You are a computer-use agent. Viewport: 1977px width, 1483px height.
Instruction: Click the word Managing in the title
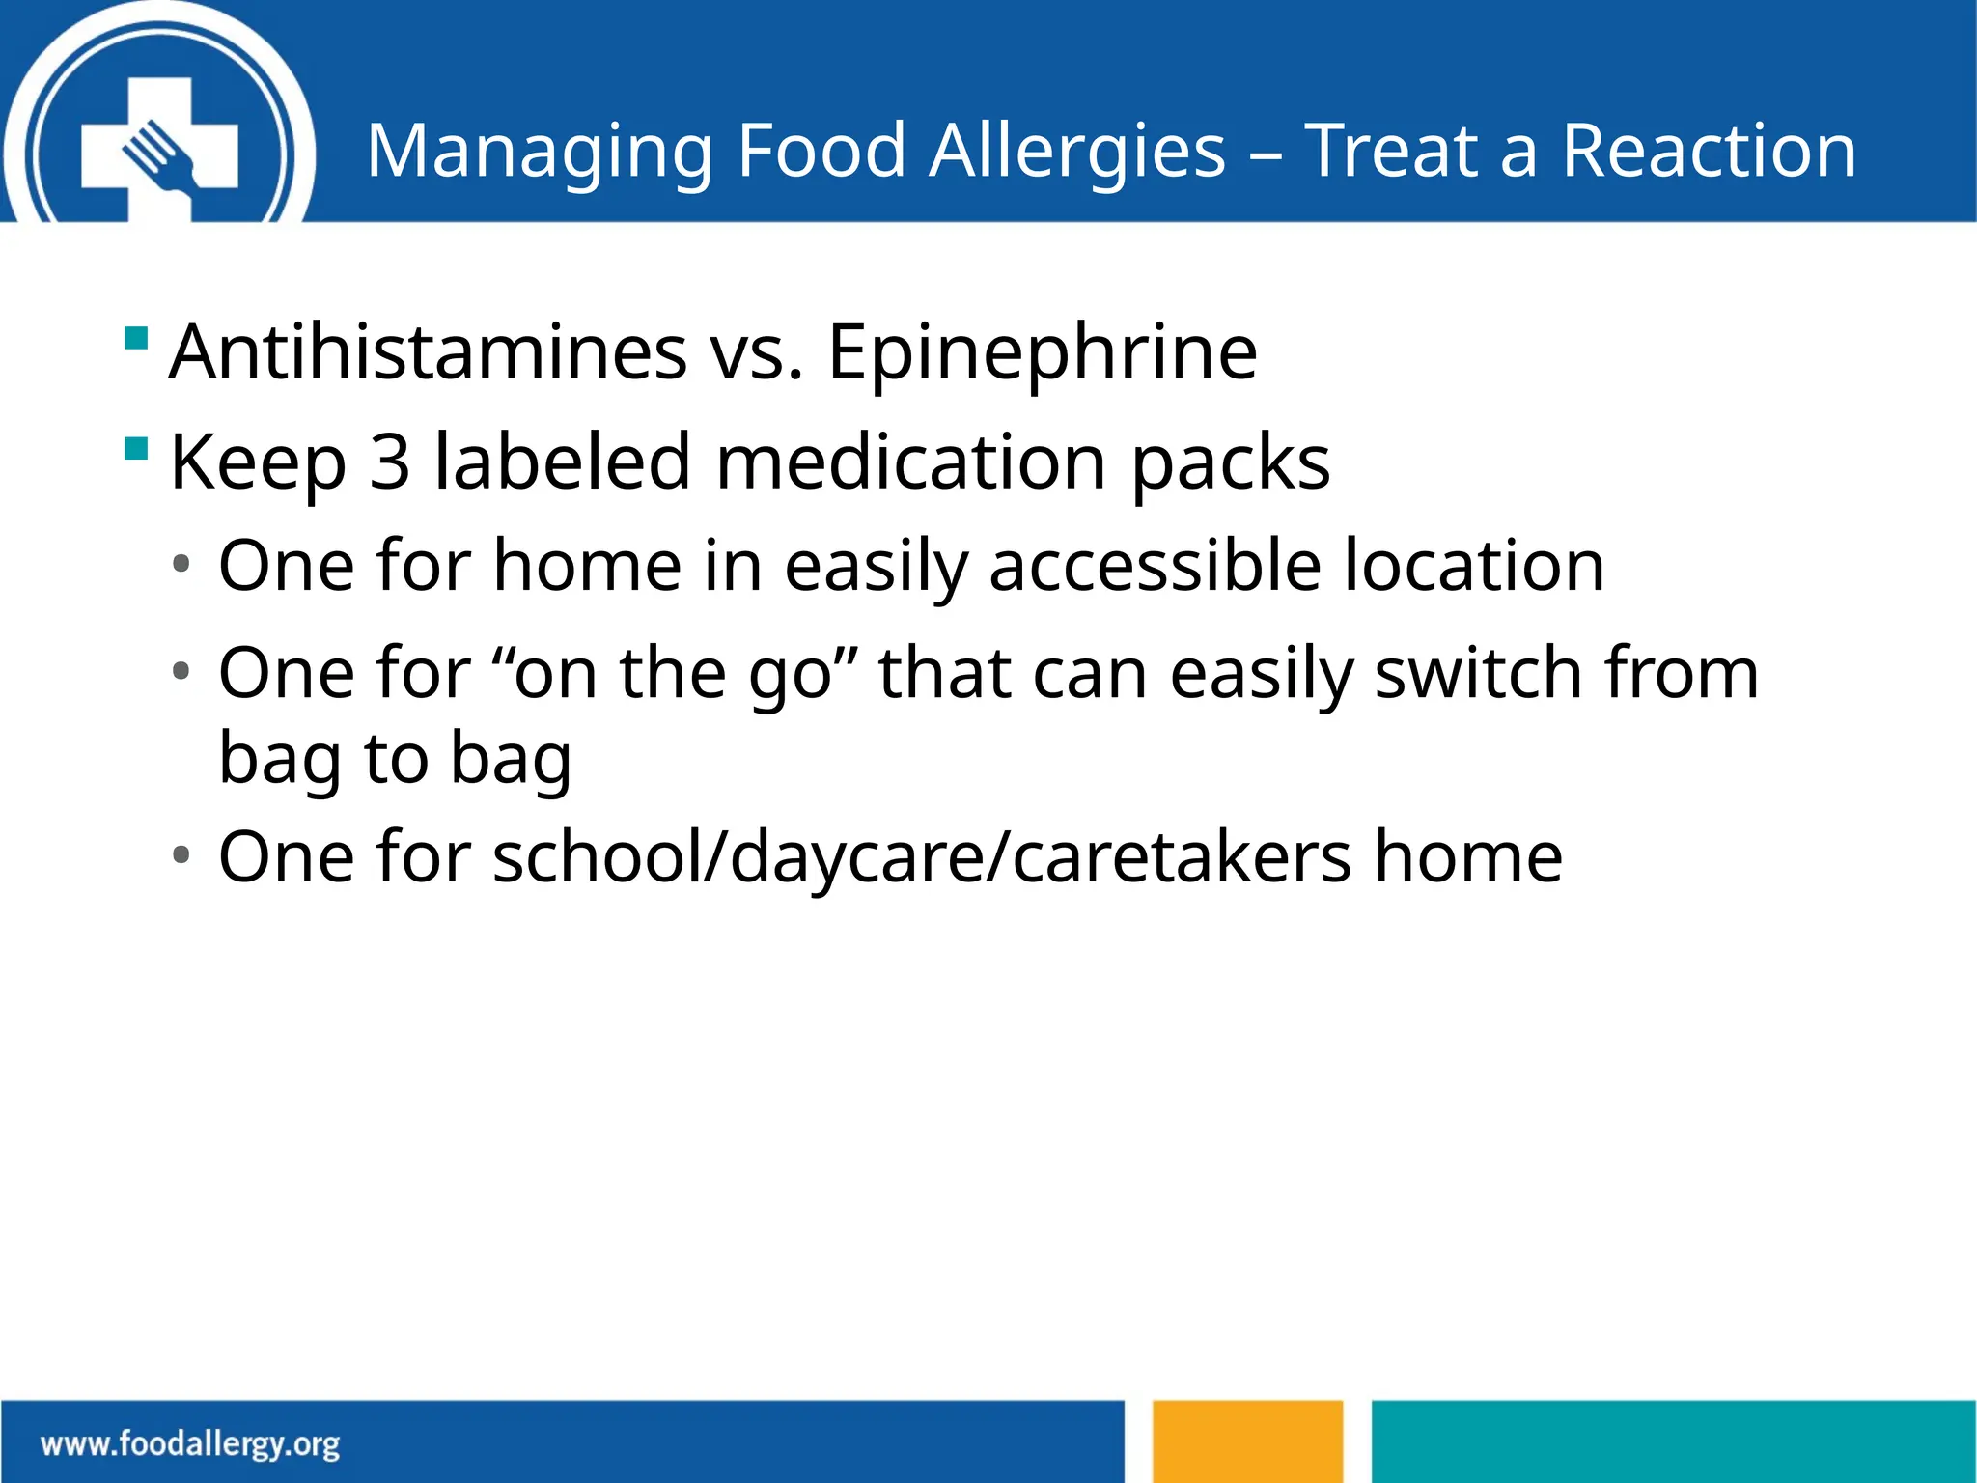(539, 152)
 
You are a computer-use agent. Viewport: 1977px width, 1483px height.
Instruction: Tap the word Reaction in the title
(1708, 152)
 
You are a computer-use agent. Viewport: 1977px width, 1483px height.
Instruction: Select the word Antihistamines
(428, 352)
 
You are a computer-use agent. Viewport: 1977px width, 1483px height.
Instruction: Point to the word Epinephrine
(1043, 354)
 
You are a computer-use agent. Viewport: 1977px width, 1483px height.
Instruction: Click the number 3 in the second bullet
(390, 462)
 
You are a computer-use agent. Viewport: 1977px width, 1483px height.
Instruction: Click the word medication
(910, 462)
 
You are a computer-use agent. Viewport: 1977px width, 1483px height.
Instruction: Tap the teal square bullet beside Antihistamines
(136, 339)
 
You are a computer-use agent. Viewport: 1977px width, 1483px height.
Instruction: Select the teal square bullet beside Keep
(136, 449)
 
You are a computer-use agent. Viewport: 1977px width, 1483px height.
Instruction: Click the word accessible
(1155, 566)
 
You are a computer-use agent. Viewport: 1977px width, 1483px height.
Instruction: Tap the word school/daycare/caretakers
(921, 857)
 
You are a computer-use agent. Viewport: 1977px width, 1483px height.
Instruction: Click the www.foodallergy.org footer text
(190, 1444)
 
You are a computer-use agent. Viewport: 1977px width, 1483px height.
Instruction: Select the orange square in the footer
(1247, 1441)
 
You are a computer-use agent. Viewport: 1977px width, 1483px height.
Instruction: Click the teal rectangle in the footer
(1673, 1441)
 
